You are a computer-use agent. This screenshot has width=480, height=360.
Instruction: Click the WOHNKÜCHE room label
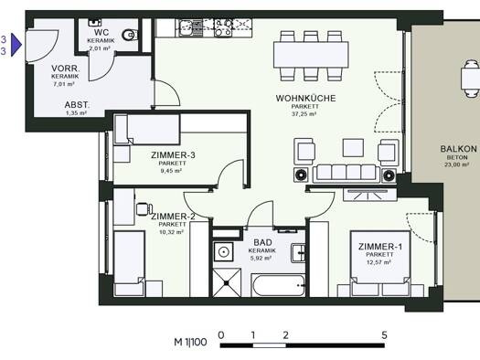tap(305, 98)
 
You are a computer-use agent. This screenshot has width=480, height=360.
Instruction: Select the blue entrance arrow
tap(16, 45)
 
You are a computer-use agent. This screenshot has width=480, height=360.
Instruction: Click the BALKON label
tap(458, 149)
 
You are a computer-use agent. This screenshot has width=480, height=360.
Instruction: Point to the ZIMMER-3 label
tap(173, 155)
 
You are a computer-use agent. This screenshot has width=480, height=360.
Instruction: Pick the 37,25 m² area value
tap(304, 114)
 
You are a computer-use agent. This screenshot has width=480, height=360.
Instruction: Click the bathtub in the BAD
tap(278, 285)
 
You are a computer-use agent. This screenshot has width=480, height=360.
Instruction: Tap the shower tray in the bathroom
tap(227, 283)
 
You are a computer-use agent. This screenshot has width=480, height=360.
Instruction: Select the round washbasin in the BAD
tap(224, 251)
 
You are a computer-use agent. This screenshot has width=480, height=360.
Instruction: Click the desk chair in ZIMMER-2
tap(144, 209)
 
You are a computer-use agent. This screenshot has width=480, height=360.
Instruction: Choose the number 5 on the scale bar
tap(385, 335)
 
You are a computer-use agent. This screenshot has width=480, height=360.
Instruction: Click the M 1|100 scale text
tap(190, 342)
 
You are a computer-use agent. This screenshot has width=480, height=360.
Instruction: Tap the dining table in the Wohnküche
tap(311, 55)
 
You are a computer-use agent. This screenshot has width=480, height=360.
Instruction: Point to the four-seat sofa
tap(346, 173)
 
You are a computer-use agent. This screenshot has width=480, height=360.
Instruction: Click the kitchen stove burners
tap(223, 27)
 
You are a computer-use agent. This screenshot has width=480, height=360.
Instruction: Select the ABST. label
tap(77, 105)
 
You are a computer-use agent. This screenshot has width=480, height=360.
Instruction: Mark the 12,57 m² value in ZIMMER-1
tap(379, 262)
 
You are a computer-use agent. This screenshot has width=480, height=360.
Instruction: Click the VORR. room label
tap(66, 69)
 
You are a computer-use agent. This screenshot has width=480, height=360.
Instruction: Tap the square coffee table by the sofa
tap(353, 148)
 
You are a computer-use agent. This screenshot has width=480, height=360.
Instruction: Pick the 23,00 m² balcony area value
tap(456, 164)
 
